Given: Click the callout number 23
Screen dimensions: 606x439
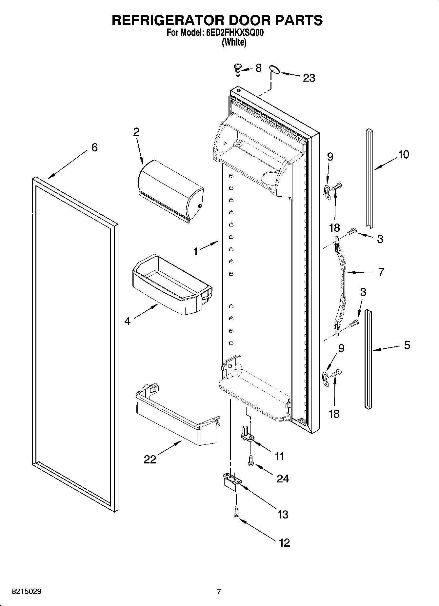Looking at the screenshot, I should (x=309, y=78).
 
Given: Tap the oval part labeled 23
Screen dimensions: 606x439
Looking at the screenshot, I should (x=274, y=68).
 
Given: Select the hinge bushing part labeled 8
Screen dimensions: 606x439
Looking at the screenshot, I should (x=237, y=69).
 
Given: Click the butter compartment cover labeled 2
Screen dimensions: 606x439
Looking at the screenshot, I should (x=170, y=190).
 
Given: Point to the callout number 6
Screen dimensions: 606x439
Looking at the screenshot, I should (x=94, y=147).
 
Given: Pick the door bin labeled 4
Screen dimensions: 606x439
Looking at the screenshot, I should (x=170, y=283).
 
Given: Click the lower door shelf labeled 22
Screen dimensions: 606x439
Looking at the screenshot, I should (x=177, y=416).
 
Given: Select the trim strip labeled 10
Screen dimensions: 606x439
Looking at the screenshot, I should (x=369, y=177).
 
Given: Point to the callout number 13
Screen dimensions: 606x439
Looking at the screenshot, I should (x=283, y=514).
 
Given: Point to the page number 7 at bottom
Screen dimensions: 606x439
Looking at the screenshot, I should (x=219, y=592).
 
